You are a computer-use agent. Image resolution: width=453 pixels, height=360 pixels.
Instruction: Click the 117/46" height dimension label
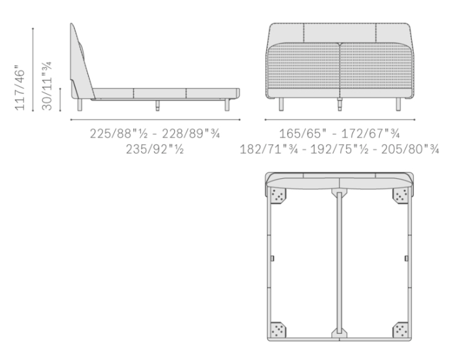pyautogui.click(x=20, y=88)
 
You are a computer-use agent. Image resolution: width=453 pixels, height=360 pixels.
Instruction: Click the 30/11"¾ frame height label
pyautogui.click(x=47, y=85)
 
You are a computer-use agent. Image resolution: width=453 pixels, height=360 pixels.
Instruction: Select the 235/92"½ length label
pyautogui.click(x=155, y=149)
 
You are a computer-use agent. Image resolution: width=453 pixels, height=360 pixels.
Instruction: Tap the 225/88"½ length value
pyautogui.click(x=119, y=134)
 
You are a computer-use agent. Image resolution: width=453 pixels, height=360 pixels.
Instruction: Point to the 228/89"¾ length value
pyautogui.click(x=191, y=134)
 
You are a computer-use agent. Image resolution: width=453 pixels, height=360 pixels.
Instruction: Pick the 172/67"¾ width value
pyautogui.click(x=371, y=134)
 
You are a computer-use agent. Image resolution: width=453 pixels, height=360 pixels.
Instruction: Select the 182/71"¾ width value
pyautogui.click(x=269, y=149)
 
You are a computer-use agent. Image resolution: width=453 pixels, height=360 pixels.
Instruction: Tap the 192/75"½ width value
pyautogui.click(x=339, y=149)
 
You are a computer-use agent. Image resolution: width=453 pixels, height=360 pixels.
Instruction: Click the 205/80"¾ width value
pyautogui.click(x=410, y=149)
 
